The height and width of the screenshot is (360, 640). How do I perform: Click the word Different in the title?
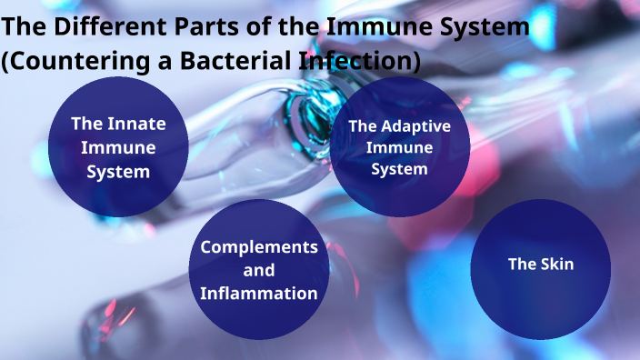pos(105,28)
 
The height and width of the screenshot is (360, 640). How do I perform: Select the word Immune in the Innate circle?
pos(118,148)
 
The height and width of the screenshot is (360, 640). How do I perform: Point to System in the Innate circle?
pos(118,171)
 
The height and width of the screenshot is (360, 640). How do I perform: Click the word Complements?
pos(259,247)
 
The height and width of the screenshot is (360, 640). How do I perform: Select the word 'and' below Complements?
pos(259,270)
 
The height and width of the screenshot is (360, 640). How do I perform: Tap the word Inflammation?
pos(259,293)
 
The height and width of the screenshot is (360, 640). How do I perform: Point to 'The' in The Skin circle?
pos(522,265)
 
